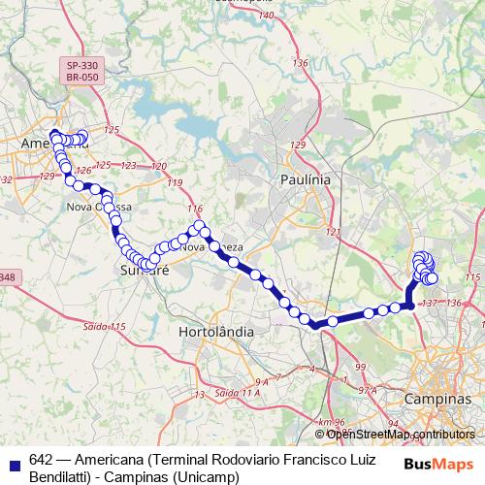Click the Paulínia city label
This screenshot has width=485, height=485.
click(305, 179)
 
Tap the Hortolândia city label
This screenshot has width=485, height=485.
click(217, 331)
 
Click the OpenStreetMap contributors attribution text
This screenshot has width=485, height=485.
click(401, 434)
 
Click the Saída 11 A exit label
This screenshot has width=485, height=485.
click(239, 392)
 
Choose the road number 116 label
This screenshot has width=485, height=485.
click(195, 209)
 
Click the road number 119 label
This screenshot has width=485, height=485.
click(175, 183)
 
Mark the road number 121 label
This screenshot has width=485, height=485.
click(335, 232)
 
